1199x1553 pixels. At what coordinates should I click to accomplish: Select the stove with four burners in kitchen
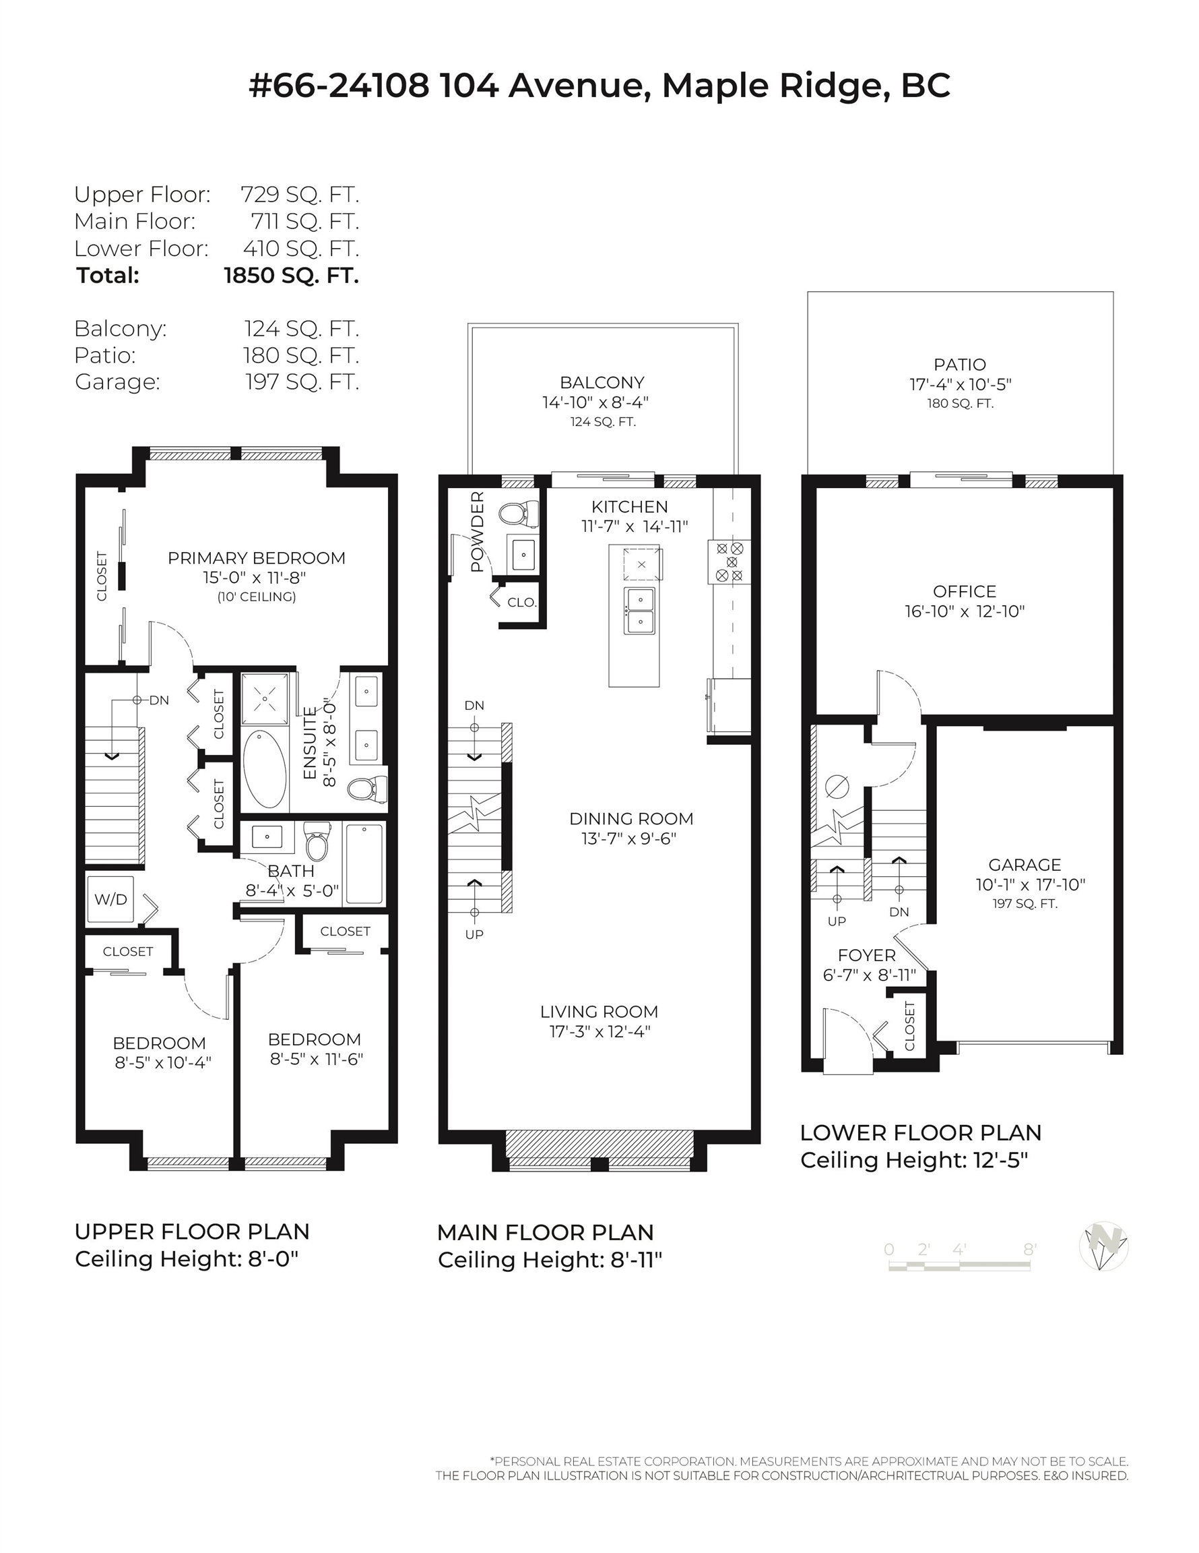pyautogui.click(x=730, y=561)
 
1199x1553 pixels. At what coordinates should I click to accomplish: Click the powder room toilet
pyautogui.click(x=517, y=514)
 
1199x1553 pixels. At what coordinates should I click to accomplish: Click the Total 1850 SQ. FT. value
pyautogui.click(x=291, y=276)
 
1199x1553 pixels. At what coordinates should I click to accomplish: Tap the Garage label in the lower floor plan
pyautogui.click(x=1024, y=865)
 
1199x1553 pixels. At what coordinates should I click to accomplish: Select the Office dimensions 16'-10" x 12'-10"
pyautogui.click(x=965, y=611)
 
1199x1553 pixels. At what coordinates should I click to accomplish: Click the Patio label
pyautogui.click(x=959, y=365)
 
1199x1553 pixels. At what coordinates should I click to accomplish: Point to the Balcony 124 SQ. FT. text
pyautogui.click(x=603, y=422)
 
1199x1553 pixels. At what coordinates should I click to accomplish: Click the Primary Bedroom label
pyautogui.click(x=257, y=558)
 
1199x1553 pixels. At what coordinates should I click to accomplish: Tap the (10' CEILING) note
pyautogui.click(x=257, y=597)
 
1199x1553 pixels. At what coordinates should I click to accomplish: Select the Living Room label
pyautogui.click(x=599, y=1011)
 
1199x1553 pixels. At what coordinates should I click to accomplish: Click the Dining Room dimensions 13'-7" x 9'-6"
pyautogui.click(x=629, y=839)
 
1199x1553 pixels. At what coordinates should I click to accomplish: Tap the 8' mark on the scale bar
pyautogui.click(x=1029, y=1250)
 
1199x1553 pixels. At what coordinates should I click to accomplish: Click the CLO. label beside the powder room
pyautogui.click(x=521, y=603)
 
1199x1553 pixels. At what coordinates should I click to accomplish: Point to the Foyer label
pyautogui.click(x=866, y=955)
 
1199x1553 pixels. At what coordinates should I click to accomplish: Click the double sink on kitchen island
pyautogui.click(x=640, y=610)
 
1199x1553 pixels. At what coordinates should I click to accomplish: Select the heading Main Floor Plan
pyautogui.click(x=545, y=1231)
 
